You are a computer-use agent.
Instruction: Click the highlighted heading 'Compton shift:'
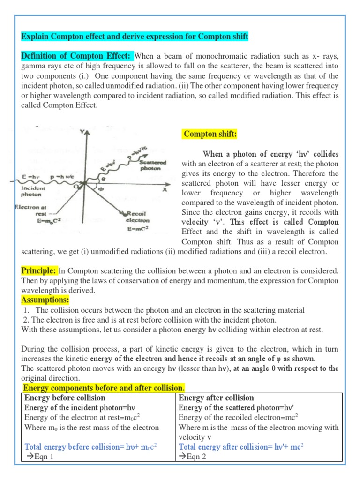[210, 135]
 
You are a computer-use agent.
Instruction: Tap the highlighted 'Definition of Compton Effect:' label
[77, 56]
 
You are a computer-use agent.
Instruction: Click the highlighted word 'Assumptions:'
[45, 300]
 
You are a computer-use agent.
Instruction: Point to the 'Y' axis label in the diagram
[83, 133]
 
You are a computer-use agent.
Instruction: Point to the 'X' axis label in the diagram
[165, 190]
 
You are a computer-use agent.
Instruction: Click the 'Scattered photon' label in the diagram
[150, 165]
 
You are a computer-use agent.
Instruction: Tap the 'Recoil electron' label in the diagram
[137, 216]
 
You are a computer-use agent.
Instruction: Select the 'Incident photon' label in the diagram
[31, 191]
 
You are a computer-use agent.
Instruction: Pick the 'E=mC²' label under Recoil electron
[137, 229]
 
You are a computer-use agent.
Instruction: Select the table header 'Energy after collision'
[216, 398]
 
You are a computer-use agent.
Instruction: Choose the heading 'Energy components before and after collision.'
[104, 388]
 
